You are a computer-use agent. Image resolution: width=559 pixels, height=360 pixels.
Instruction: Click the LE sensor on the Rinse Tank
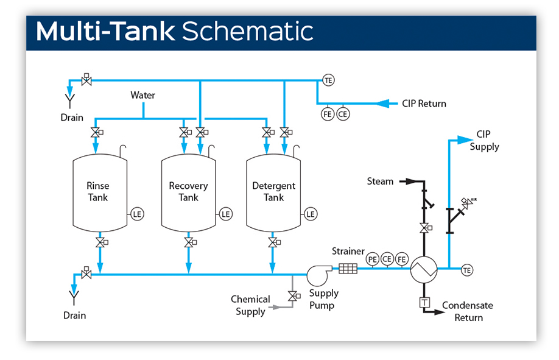[x=137, y=214]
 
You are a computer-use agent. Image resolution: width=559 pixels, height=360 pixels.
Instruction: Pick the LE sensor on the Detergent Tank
[x=311, y=214]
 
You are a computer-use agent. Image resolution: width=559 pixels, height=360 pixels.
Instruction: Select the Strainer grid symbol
[x=348, y=268]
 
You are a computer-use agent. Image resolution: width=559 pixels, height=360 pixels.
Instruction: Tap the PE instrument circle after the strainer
[x=373, y=259]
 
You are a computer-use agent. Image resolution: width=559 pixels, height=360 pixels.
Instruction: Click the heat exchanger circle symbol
[x=423, y=269]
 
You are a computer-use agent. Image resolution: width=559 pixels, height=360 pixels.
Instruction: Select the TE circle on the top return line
[x=329, y=80]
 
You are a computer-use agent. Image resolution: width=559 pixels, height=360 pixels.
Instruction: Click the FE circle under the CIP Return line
[x=328, y=113]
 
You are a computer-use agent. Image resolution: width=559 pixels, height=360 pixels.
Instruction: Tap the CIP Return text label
[x=424, y=104]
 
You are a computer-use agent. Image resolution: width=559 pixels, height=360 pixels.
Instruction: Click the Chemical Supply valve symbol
[x=293, y=297]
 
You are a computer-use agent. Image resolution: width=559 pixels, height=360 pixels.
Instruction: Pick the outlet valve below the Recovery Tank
[x=188, y=243]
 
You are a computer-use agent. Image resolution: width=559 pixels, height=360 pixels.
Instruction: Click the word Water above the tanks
[x=143, y=95]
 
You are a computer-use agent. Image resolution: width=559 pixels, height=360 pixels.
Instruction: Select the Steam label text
[x=380, y=181]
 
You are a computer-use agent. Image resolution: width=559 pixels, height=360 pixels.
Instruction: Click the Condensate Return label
[x=468, y=311]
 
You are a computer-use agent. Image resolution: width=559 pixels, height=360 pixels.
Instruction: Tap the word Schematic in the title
[x=248, y=32]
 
